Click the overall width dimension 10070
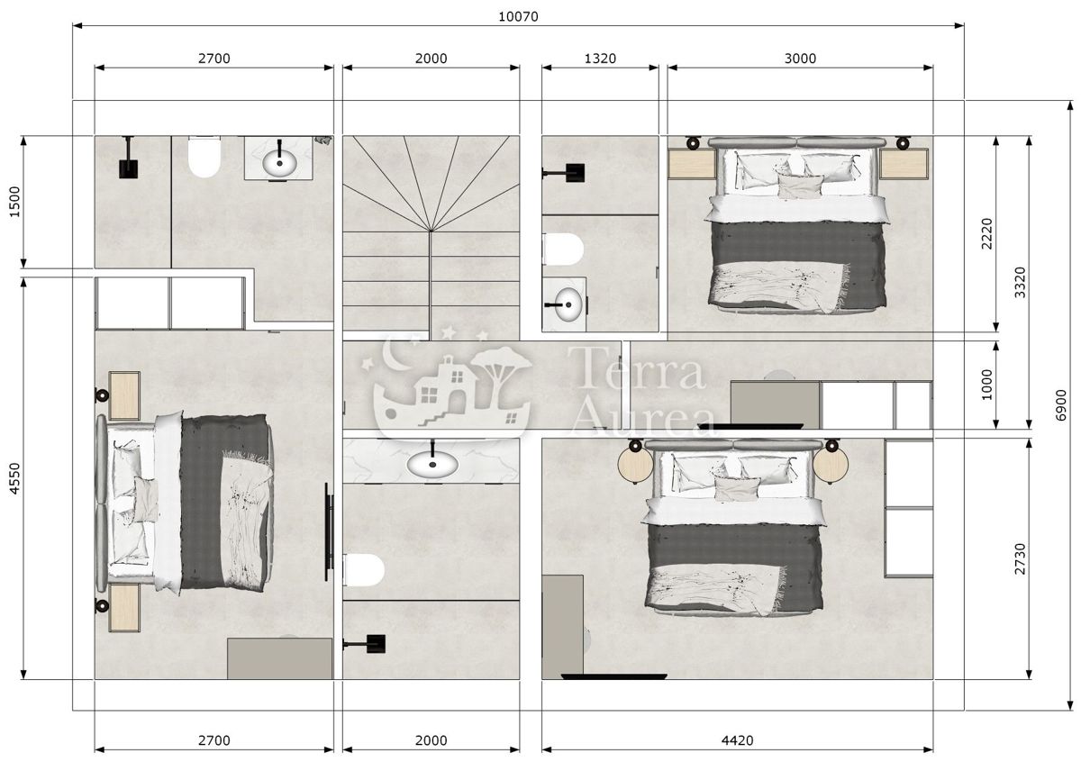(x=518, y=16)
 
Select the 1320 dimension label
(x=600, y=59)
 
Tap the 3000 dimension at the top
(x=800, y=59)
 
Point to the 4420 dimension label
(x=738, y=740)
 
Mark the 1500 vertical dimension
(x=13, y=202)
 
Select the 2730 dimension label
(x=1020, y=558)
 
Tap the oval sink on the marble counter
(x=431, y=463)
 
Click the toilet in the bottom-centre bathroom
(x=364, y=569)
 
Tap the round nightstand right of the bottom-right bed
(x=831, y=465)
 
